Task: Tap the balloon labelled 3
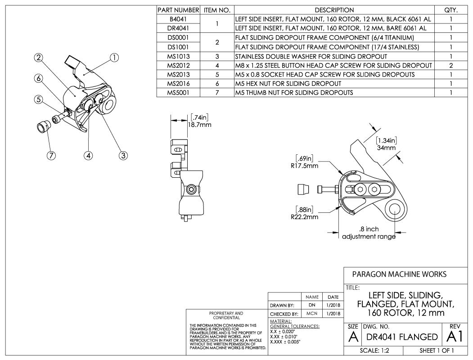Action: [x=122, y=156]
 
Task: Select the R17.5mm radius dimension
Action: [x=306, y=165]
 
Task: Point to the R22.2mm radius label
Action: [x=306, y=217]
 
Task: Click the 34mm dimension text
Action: [x=386, y=147]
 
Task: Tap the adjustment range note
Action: [x=369, y=233]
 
